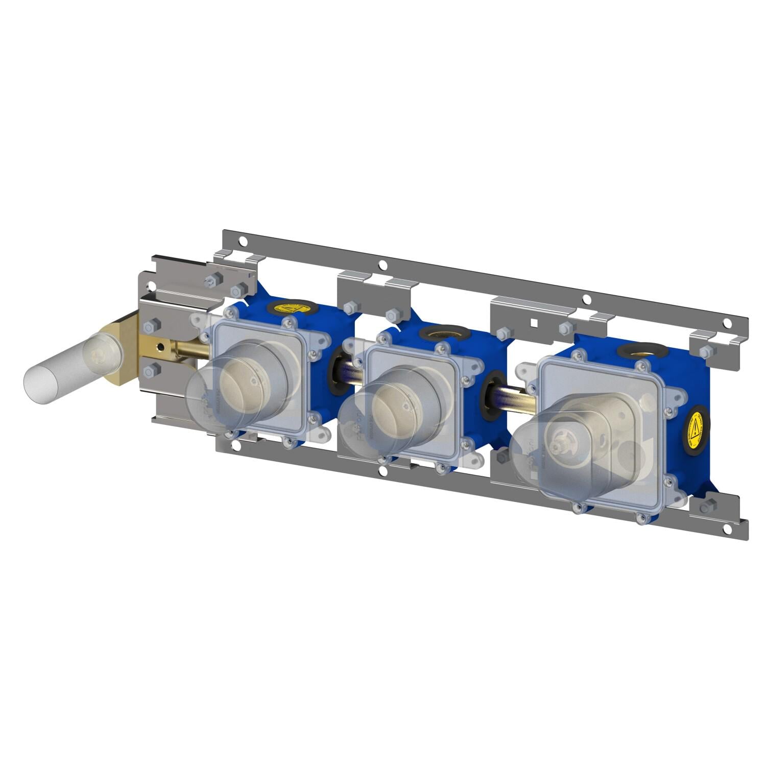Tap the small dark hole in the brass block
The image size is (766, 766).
tap(161, 347)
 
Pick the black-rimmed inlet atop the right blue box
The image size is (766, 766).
tap(641, 351)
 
